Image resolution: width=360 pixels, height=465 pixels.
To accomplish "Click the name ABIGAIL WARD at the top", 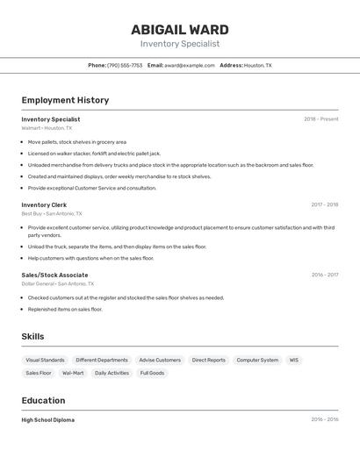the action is (x=179, y=29).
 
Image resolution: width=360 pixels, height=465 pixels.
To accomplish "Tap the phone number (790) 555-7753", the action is (x=125, y=65).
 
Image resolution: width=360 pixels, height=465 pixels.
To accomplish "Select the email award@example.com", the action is (x=190, y=65).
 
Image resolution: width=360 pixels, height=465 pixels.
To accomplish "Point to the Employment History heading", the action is (x=65, y=100).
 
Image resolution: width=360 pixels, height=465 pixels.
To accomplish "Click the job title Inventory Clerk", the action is (x=44, y=204).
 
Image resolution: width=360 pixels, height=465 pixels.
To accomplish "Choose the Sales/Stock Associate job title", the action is (x=54, y=275).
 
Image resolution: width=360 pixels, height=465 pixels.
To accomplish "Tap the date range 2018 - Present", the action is (x=320, y=119).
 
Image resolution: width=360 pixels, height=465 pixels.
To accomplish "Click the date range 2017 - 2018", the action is (x=324, y=204).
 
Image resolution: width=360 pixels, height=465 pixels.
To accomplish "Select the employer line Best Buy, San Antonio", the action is (x=52, y=213).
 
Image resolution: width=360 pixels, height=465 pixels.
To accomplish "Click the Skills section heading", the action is (x=33, y=336).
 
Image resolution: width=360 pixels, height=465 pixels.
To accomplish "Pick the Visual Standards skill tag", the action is (x=45, y=360).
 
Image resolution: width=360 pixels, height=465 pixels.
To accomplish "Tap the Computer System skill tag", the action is (x=257, y=360).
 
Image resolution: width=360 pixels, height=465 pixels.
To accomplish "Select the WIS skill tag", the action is (x=294, y=360).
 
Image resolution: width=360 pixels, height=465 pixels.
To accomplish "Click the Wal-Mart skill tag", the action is (x=73, y=373).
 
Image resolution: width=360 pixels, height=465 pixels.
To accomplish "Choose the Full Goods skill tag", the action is (x=152, y=373).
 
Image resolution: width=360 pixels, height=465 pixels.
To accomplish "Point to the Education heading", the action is (x=44, y=400).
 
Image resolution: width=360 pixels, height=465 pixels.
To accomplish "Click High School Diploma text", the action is (x=48, y=419).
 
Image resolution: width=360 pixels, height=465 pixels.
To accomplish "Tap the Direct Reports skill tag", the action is (x=209, y=360).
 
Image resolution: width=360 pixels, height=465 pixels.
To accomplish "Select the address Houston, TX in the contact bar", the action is (x=257, y=65).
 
